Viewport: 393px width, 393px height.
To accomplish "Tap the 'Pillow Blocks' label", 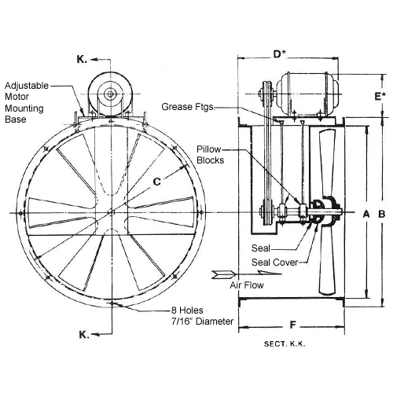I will click(x=210, y=153).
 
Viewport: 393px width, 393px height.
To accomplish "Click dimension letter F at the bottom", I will click(x=292, y=323).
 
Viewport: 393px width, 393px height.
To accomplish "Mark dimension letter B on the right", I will click(x=380, y=213).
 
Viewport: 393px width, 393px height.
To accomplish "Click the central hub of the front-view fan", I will click(x=111, y=213).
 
